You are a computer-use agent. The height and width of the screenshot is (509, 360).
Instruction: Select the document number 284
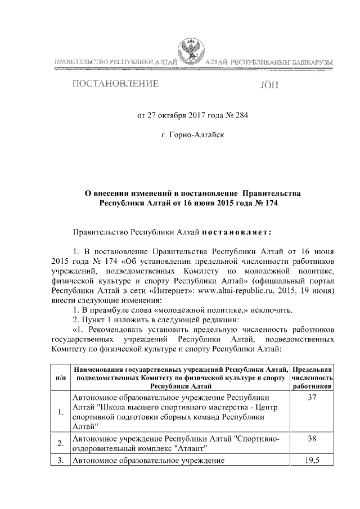click(x=241, y=116)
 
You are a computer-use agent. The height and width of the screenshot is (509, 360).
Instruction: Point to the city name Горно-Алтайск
click(x=193, y=136)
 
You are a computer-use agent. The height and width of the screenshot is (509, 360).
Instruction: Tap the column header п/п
click(x=60, y=377)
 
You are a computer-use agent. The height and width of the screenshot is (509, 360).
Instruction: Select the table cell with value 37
click(x=313, y=398)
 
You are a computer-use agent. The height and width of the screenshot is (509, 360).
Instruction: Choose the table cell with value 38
click(x=313, y=438)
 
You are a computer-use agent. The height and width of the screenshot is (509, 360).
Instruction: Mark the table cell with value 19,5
click(x=313, y=460)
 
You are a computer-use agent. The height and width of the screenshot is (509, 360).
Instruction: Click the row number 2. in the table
click(x=60, y=444)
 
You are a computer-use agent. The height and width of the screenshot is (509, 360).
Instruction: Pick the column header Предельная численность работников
click(x=313, y=377)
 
